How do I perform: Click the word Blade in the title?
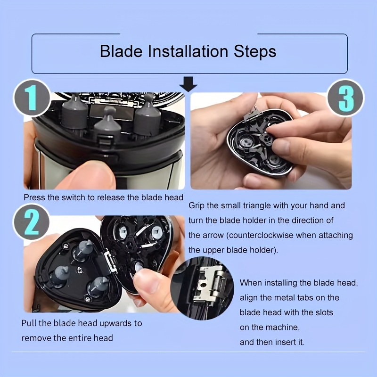121,51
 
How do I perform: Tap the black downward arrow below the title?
188,84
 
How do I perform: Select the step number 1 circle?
32,98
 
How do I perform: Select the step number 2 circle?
31,222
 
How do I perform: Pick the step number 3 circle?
346,98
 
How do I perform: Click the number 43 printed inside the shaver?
80,270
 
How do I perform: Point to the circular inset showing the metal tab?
202,288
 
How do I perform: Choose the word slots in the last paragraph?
323,312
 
